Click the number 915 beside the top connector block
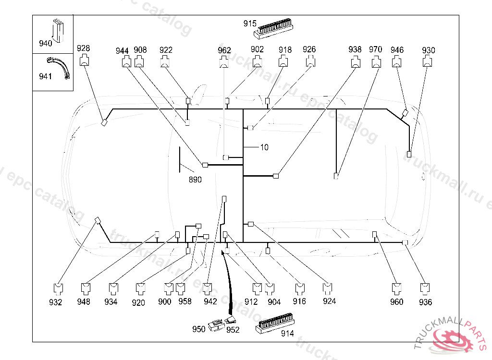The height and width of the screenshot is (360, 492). pyautogui.click(x=250, y=23)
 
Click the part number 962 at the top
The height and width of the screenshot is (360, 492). pyautogui.click(x=224, y=50)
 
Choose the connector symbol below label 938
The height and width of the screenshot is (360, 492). pyautogui.click(x=355, y=61)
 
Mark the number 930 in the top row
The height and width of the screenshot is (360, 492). pyautogui.click(x=429, y=50)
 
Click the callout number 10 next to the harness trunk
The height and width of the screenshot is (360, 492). pyautogui.click(x=264, y=147)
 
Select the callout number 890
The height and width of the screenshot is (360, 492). pyautogui.click(x=195, y=180)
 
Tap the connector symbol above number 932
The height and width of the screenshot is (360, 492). pyautogui.click(x=57, y=288)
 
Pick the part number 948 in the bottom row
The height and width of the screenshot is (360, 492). pyautogui.click(x=84, y=302)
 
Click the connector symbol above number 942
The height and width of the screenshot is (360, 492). pyautogui.click(x=208, y=288)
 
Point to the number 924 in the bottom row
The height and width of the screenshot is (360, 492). pyautogui.click(x=329, y=301)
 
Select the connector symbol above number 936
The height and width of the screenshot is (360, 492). pyautogui.click(x=425, y=288)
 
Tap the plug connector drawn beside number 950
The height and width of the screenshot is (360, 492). pyautogui.click(x=215, y=326)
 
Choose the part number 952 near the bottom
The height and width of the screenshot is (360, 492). pyautogui.click(x=233, y=330)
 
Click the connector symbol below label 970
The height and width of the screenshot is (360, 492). pyautogui.click(x=376, y=61)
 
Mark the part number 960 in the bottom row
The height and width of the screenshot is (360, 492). pyautogui.click(x=397, y=302)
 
